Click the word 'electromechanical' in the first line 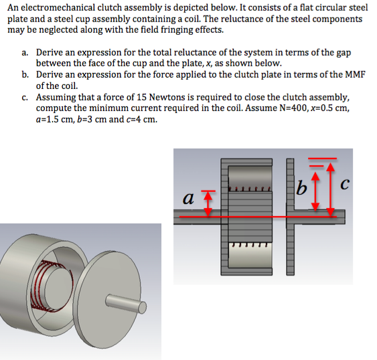(x=58, y=8)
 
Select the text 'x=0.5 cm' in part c (x=329, y=108)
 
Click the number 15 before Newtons (x=141, y=97)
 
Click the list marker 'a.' (x=25, y=53)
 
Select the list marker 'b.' (x=25, y=75)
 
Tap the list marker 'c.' (x=25, y=98)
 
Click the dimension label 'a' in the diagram (x=188, y=199)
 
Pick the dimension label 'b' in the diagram (x=301, y=187)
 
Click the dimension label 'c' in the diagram (x=345, y=184)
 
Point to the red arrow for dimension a (x=208, y=203)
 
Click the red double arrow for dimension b (x=315, y=191)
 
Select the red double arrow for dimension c (x=331, y=189)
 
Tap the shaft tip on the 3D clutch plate (x=142, y=308)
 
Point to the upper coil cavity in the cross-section (x=250, y=177)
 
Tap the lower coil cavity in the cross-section (x=250, y=255)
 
